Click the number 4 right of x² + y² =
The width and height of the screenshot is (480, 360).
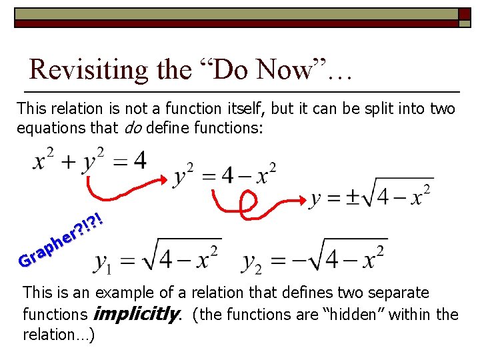[139, 160]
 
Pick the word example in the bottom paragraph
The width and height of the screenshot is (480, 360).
[123, 293]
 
